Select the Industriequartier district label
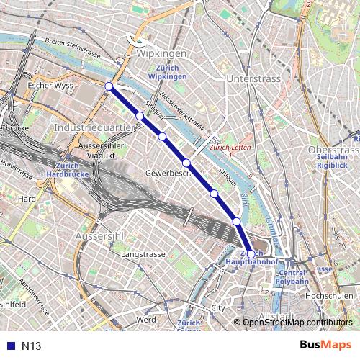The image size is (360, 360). coord(94,127)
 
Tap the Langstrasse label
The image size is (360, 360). coord(143,255)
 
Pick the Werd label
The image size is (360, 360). coord(146,319)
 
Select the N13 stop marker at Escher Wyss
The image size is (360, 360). coord(109,86)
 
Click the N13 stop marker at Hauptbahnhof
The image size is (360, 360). coord(250,254)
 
